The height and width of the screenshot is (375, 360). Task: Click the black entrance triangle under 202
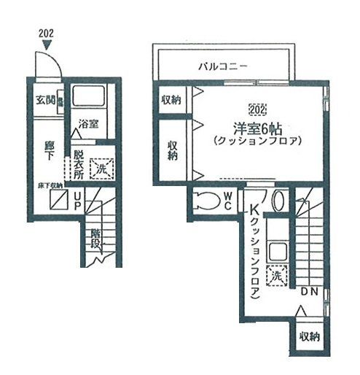(x=47, y=47)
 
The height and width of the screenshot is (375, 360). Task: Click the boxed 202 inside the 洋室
(x=257, y=111)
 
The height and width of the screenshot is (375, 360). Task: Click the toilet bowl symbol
(x=207, y=201)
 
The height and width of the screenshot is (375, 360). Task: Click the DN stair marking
(x=308, y=293)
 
